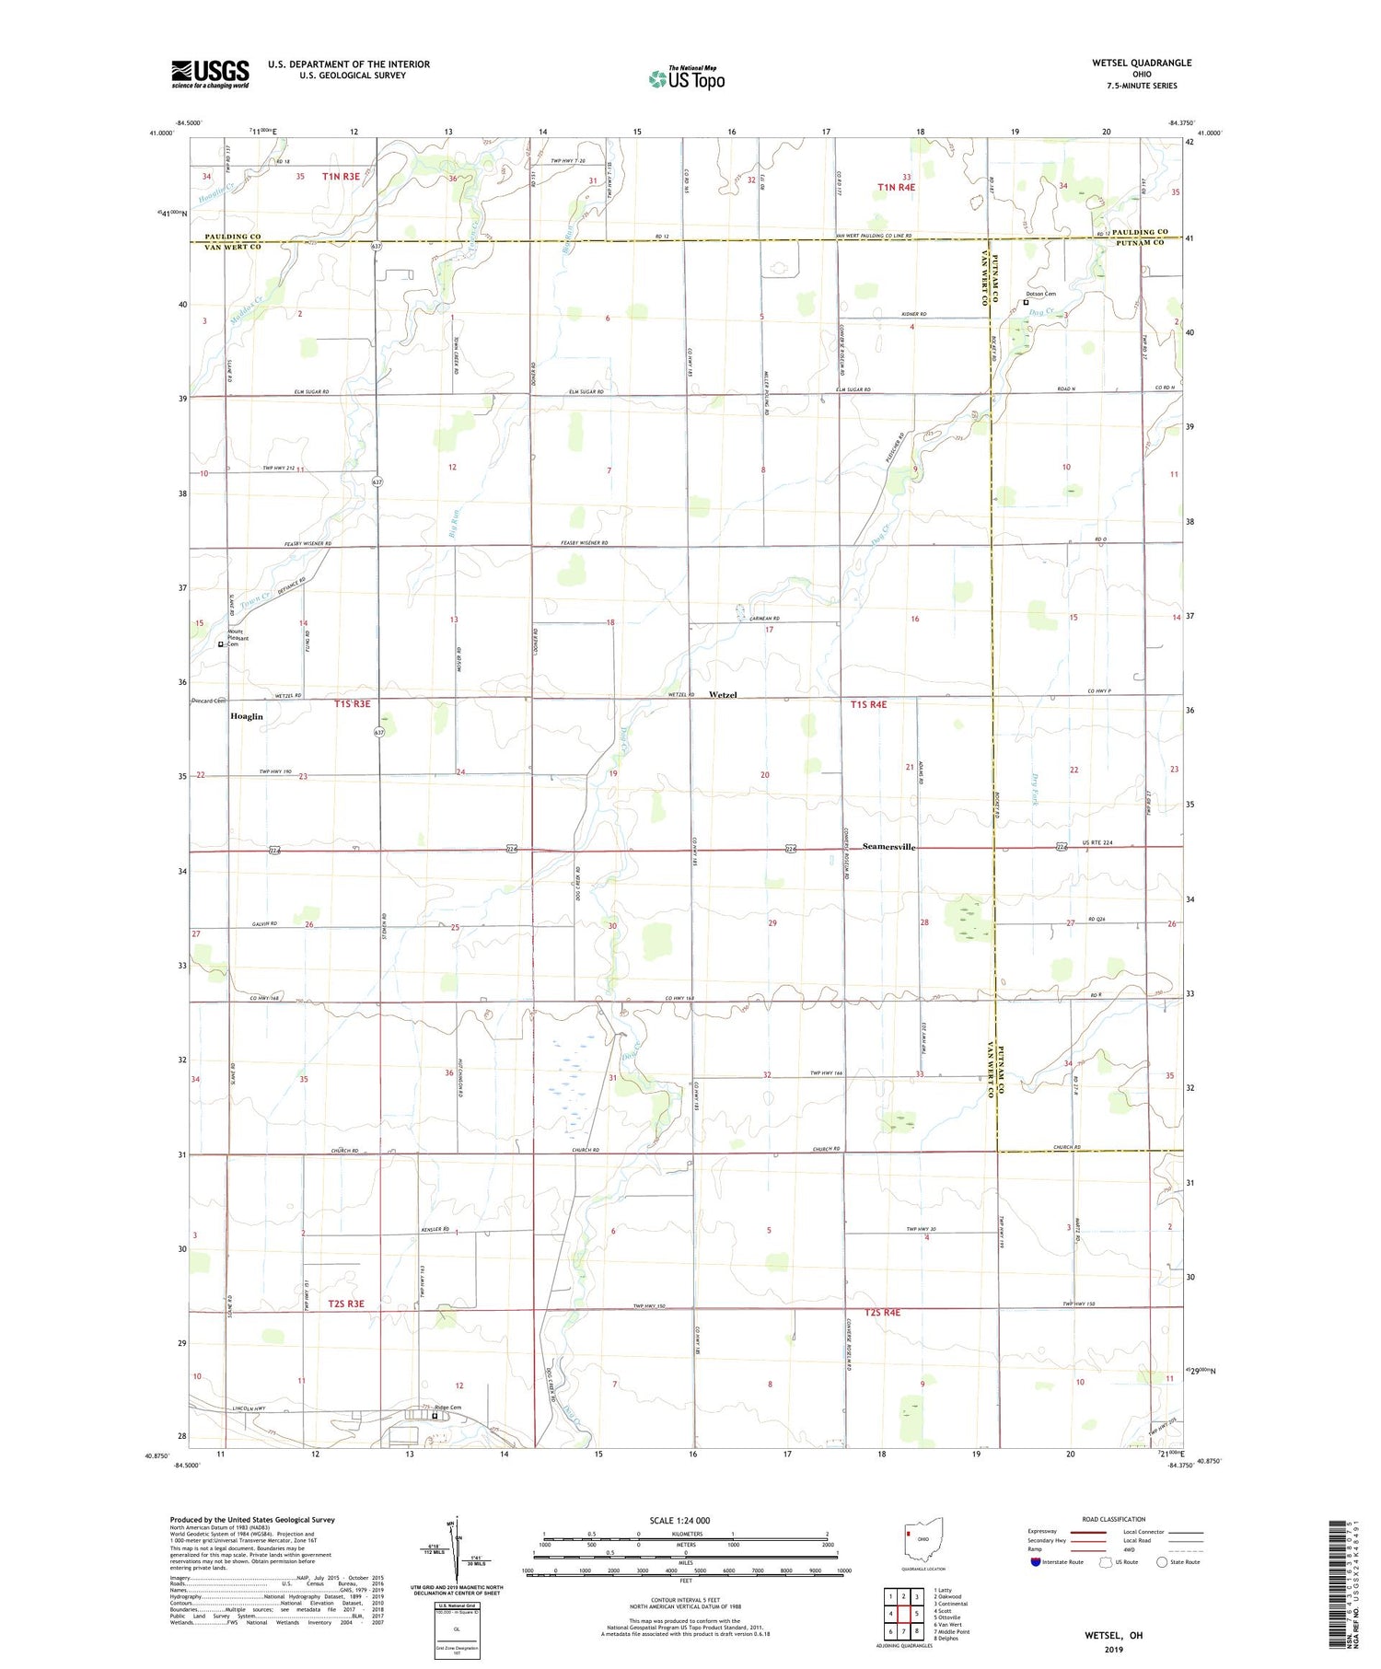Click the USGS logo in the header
pos(210,74)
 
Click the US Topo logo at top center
pos(686,79)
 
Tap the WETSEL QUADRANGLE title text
pos(1141,63)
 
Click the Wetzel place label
pos(723,695)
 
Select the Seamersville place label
pos(888,847)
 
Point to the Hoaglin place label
pos(247,716)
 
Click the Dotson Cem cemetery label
pos(1040,295)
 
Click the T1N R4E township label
pos(896,188)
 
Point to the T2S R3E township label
pos(346,1304)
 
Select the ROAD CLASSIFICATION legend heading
pos(1114,1519)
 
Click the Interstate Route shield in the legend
pos(1036,1562)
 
